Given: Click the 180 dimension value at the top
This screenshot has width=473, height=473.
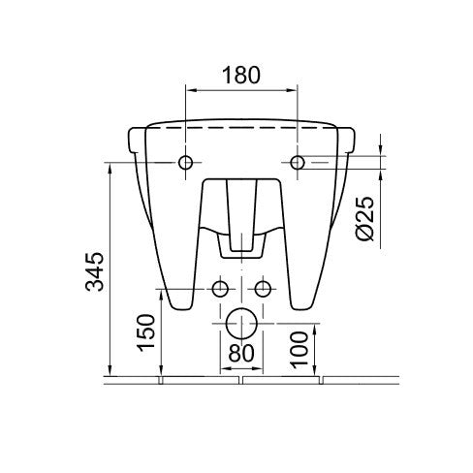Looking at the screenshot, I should [x=240, y=76].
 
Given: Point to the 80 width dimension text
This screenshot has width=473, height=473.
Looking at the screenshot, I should [x=240, y=355].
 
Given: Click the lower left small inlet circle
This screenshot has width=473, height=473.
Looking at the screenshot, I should [x=221, y=289].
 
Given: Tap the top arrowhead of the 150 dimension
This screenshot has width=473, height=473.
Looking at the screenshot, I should [x=161, y=293].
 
